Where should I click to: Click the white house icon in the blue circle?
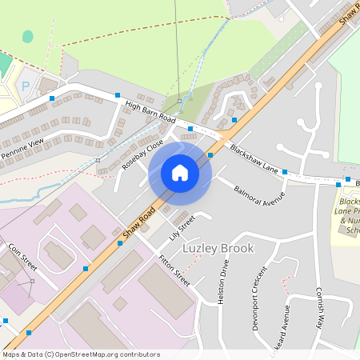pos(180,172)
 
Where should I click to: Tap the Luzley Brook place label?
pos(218,248)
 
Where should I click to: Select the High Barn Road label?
pos(150,112)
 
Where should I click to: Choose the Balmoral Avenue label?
pos(259,193)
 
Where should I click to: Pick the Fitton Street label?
pos(174,271)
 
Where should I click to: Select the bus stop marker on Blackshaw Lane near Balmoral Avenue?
pos(285,172)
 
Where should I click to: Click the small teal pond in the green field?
pos(28,37)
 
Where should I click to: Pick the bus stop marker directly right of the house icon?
pos(210,155)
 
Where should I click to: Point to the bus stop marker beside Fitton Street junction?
pos(120,243)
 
